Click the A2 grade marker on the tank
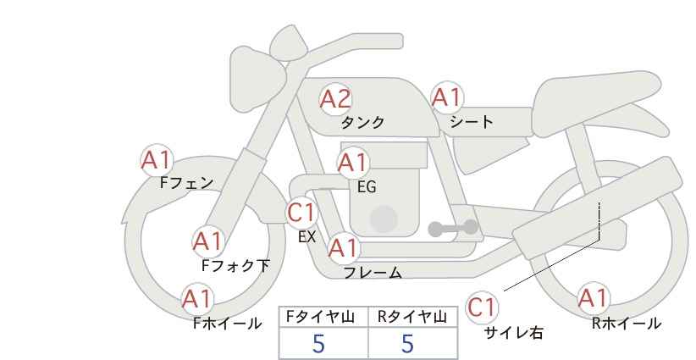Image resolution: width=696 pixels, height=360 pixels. point(335,99)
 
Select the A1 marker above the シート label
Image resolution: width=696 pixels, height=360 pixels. point(447,97)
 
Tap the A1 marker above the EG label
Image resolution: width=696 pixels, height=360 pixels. point(353,163)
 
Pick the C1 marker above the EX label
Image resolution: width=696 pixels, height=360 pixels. point(301,213)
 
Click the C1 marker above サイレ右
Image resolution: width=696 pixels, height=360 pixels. point(482,307)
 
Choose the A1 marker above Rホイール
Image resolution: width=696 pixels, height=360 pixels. point(593,298)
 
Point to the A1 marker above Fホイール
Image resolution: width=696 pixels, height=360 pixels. point(197,299)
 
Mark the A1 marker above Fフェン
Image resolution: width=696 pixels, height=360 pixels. point(157,160)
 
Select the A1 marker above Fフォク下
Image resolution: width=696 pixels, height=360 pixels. point(207,241)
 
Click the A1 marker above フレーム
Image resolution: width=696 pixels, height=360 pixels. point(344,248)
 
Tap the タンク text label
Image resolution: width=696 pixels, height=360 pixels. point(362,122)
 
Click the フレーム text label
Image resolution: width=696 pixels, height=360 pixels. point(373,273)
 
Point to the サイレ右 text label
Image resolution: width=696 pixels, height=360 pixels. point(513,333)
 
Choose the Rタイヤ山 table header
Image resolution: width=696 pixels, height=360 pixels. point(412,317)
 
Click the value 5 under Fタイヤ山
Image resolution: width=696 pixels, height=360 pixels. point(318,344)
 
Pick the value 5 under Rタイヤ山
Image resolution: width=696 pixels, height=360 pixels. point(407,344)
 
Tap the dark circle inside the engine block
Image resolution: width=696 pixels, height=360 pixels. point(384,219)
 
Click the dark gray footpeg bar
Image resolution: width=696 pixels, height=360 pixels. point(453,228)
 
